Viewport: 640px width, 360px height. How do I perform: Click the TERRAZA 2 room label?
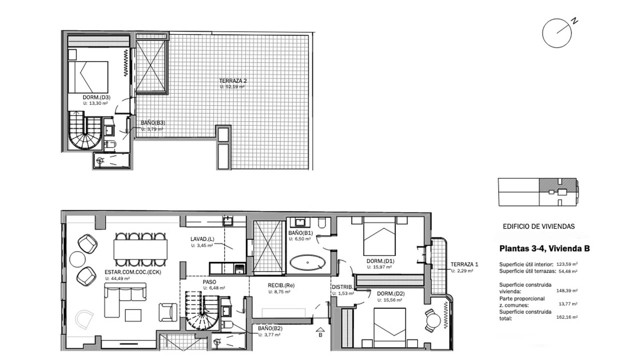pyautogui.click(x=233, y=81)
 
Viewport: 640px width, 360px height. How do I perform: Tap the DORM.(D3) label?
pyautogui.click(x=96, y=97)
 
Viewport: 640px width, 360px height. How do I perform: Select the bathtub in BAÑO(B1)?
pyautogui.click(x=307, y=262)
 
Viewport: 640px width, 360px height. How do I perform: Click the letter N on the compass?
pyautogui.click(x=574, y=21)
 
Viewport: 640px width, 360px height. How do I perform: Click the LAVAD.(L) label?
pyautogui.click(x=202, y=239)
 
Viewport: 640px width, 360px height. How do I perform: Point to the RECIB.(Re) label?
pyautogui.click(x=281, y=285)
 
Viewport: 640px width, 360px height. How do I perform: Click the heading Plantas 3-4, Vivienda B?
pyautogui.click(x=544, y=249)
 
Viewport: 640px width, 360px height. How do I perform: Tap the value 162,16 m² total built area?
pyautogui.click(x=567, y=317)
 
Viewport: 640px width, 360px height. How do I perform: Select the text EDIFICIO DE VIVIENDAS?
pyautogui.click(x=539, y=227)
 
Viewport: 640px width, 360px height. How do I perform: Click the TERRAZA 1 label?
pyautogui.click(x=464, y=264)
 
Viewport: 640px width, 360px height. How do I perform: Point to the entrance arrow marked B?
pyautogui.click(x=320, y=329)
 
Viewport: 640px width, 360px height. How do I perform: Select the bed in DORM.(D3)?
pyautogui.click(x=88, y=77)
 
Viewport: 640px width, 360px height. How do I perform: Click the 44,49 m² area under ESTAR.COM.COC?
pyautogui.click(x=117, y=279)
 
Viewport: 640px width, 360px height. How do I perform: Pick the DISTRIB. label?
pyautogui.click(x=342, y=287)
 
